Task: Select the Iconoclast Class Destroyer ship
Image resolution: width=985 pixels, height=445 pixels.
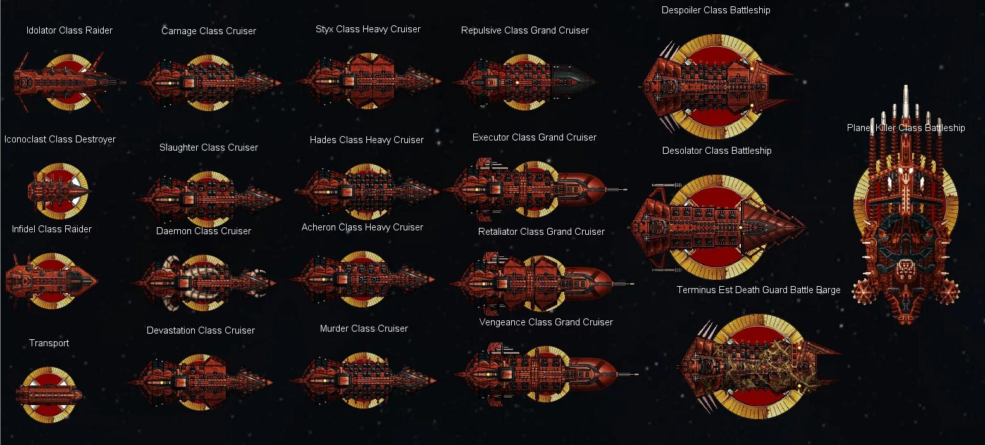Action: (x=58, y=189)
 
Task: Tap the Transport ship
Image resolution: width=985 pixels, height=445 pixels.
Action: (x=49, y=394)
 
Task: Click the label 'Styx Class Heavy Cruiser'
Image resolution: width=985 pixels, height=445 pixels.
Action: (x=368, y=29)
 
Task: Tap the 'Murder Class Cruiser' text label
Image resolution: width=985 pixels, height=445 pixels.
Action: (x=364, y=329)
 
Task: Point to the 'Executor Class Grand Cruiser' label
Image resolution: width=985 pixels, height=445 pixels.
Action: (x=534, y=137)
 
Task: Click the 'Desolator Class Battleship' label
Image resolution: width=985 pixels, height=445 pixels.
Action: (x=717, y=151)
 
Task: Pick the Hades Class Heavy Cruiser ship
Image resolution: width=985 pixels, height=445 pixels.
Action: (x=366, y=189)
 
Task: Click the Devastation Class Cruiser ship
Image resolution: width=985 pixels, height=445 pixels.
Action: (x=200, y=380)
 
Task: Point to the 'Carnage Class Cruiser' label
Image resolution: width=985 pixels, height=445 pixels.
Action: (x=208, y=31)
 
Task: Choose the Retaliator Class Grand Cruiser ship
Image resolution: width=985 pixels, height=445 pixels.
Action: (x=541, y=280)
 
